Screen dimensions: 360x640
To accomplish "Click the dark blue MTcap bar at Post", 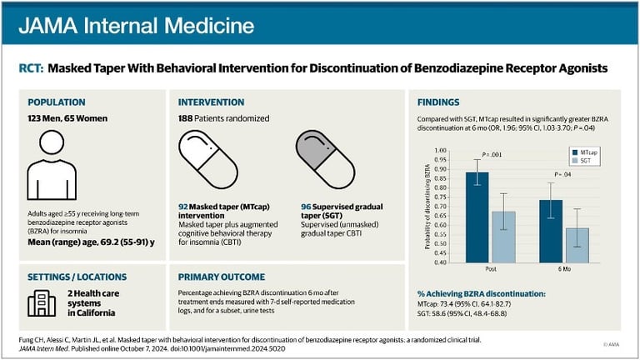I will click(477, 217).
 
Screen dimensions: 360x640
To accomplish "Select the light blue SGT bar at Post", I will click(503, 237).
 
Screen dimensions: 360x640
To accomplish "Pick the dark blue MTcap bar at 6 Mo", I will click(551, 231).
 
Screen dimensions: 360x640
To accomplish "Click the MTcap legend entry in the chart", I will click(587, 152).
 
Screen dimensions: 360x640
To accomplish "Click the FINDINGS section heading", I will click(442, 102).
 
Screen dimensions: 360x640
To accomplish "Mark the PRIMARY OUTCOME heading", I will click(222, 277).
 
